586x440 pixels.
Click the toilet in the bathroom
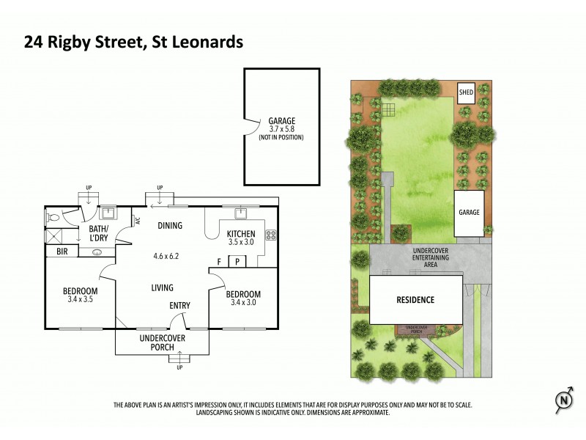(53, 217)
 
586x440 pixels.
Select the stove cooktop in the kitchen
(270, 235)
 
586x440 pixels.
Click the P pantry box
(237, 262)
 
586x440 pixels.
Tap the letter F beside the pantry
(219, 262)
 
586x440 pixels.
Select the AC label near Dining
(137, 219)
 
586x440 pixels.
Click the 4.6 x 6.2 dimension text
(166, 257)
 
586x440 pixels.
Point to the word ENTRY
(180, 306)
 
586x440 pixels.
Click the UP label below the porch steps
(179, 367)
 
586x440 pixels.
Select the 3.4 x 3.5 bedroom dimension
(81, 300)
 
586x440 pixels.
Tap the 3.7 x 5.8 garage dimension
(281, 129)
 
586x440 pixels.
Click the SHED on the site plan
(466, 92)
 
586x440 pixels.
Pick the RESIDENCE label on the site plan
(415, 300)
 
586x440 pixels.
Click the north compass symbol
(563, 400)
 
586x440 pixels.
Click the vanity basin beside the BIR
(97, 252)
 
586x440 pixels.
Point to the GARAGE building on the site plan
(469, 213)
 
